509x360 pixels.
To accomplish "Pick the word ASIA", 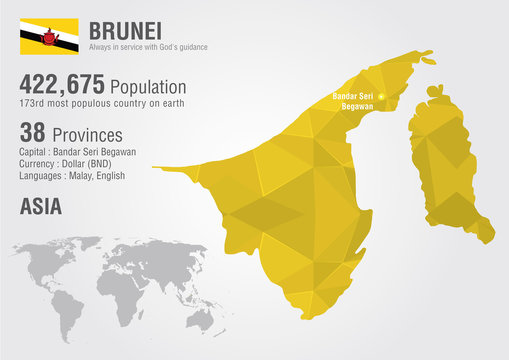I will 41,206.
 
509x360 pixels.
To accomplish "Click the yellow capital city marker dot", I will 381,97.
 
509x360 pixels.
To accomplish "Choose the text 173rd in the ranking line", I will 31,104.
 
